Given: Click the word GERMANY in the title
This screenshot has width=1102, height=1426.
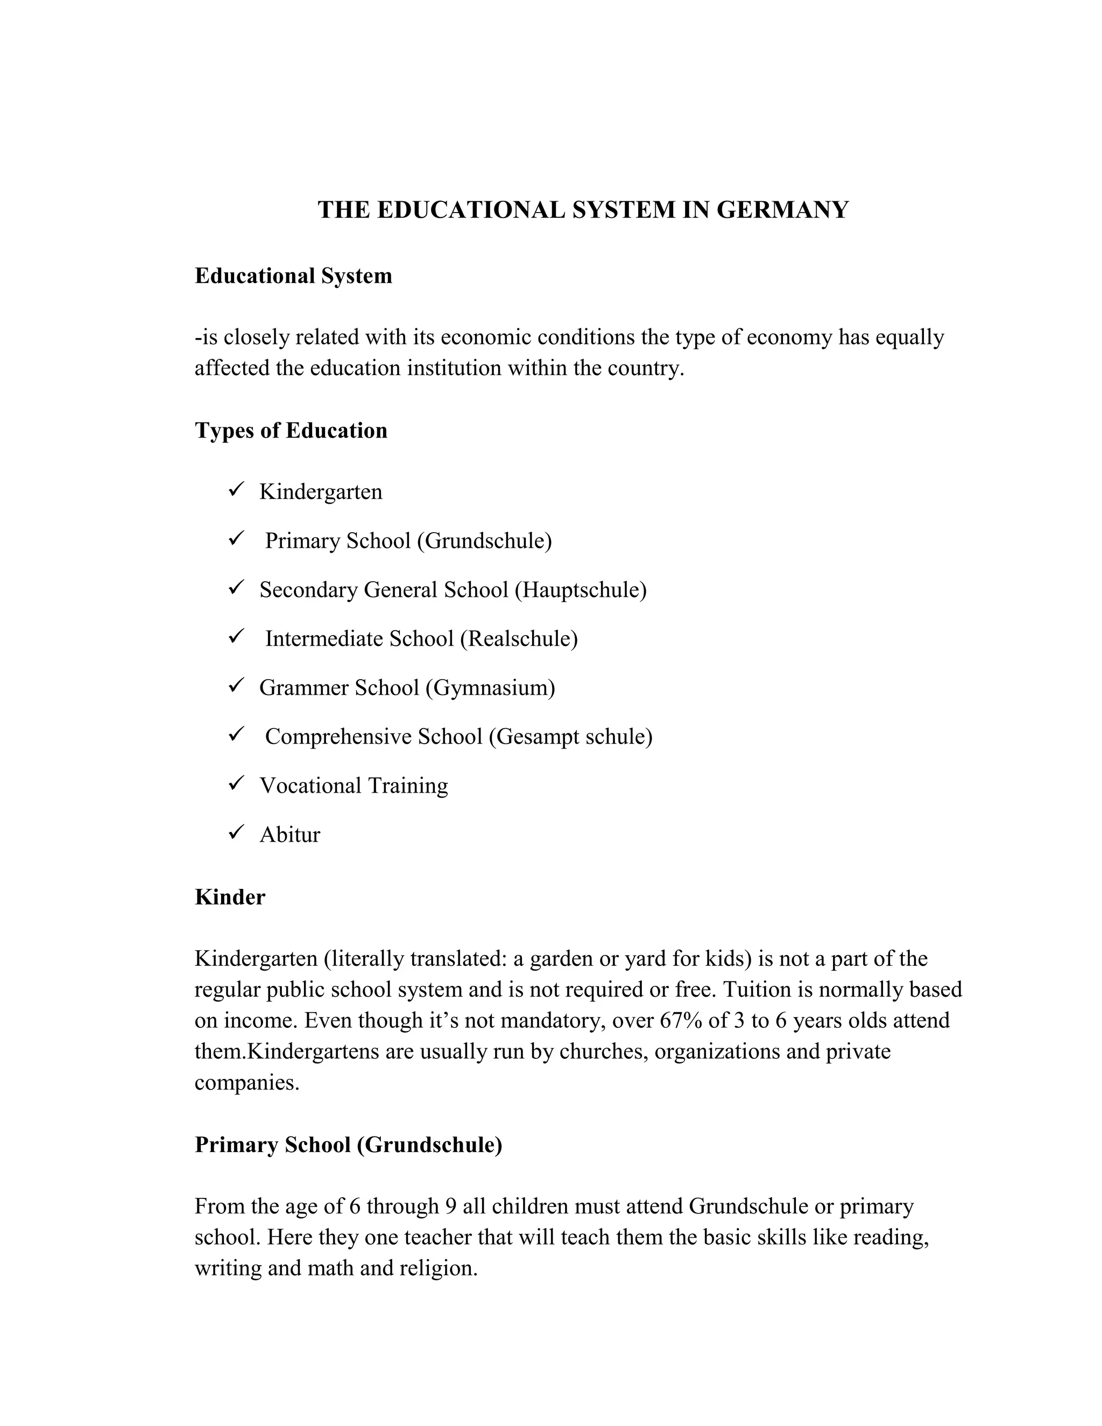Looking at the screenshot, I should pos(782,210).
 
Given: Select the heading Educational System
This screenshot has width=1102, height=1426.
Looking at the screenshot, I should pos(293,276).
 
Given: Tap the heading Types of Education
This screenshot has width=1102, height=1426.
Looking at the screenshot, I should pos(291,431).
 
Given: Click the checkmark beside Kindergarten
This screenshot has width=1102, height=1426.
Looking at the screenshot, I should pos(236,489).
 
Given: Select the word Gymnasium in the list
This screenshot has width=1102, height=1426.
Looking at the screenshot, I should pos(490,688).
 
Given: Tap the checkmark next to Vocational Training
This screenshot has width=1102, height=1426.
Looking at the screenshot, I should pos(236,783).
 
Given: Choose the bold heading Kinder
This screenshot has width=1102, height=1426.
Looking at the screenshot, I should pos(230,898).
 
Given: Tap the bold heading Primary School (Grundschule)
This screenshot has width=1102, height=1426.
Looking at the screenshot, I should pos(348,1145).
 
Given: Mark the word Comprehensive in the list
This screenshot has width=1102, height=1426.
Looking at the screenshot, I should pos(337,737).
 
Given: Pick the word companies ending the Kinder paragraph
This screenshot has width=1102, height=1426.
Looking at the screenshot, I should pos(246,1083).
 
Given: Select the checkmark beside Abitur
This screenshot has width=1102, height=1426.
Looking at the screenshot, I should pos(236,832).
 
